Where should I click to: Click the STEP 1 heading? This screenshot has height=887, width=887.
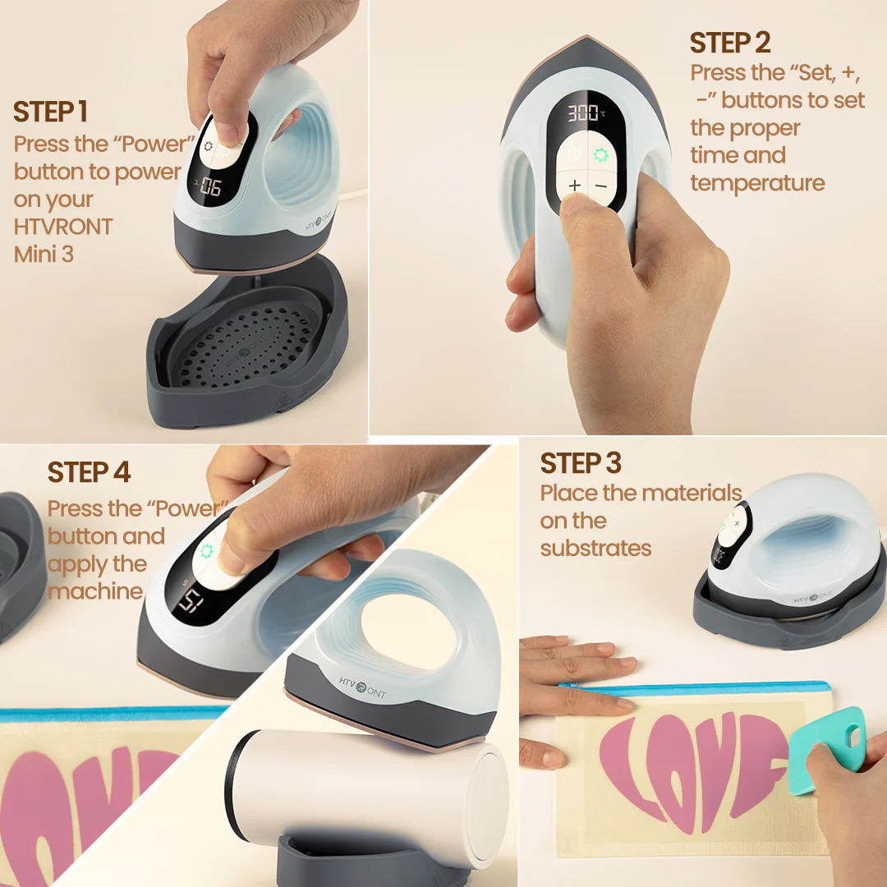[50, 112]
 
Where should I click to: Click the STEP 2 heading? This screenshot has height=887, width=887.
[730, 43]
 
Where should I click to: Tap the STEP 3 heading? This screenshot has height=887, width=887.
[581, 463]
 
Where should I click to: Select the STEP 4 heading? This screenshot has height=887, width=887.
[89, 472]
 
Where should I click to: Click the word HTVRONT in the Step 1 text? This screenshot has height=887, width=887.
[62, 227]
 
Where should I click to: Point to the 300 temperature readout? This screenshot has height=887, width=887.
[583, 113]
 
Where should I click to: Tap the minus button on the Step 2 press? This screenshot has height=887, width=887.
[600, 186]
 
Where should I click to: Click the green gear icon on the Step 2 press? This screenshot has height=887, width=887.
[600, 154]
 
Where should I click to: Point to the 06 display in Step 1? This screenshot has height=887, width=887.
[211, 186]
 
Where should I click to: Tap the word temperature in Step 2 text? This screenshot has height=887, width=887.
[757, 183]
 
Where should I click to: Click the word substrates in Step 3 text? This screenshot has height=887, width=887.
[595, 548]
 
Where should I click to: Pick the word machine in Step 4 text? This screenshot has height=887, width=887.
[95, 591]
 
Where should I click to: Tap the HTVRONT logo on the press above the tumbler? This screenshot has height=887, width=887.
[362, 687]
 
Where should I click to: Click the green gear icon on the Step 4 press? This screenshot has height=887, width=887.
[206, 551]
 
